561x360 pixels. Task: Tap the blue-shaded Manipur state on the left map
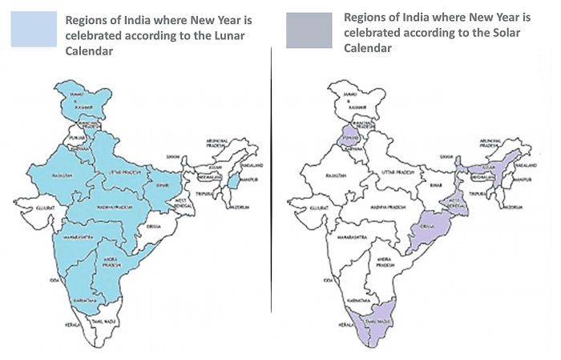233,184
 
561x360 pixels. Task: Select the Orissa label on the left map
155,227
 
